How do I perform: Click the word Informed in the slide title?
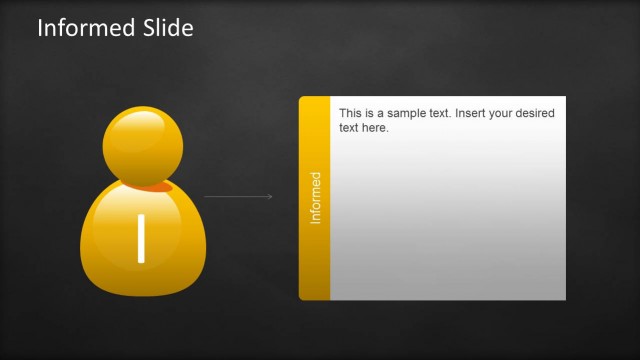click(83, 28)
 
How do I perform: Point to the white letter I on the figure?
click(141, 238)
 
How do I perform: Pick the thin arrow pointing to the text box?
click(238, 197)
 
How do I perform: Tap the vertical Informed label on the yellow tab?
click(315, 197)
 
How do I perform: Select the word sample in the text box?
click(412, 114)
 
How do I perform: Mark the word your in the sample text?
click(506, 114)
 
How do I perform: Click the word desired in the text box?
click(538, 114)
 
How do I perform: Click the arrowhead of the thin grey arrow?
click(270, 197)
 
